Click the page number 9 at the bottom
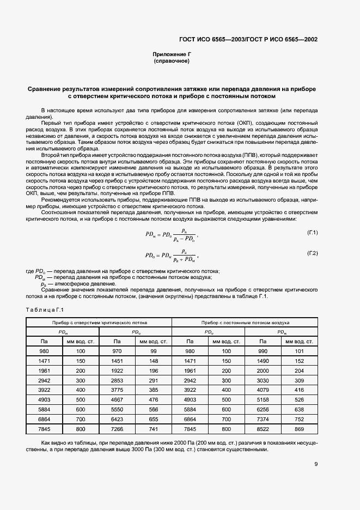pyautogui.click(x=316, y=464)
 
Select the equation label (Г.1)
pyautogui.click(x=312, y=233)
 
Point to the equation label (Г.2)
pyautogui.click(x=312, y=253)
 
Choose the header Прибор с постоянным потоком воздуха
pyautogui.click(x=245, y=322)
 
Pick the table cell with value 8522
pyautogui.click(x=264, y=429)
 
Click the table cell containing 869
pyautogui.click(x=299, y=429)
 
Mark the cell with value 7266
pyautogui.click(x=117, y=429)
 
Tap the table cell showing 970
pyautogui.click(x=117, y=351)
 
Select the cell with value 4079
pyautogui.click(x=264, y=390)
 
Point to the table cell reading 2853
pyautogui.click(x=117, y=380)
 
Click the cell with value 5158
pyautogui.click(x=264, y=400)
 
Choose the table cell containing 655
pyautogui.click(x=153, y=420)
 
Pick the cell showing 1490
pyautogui.click(x=264, y=361)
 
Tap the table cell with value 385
pyautogui.click(x=153, y=390)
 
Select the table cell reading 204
pyautogui.click(x=299, y=371)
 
